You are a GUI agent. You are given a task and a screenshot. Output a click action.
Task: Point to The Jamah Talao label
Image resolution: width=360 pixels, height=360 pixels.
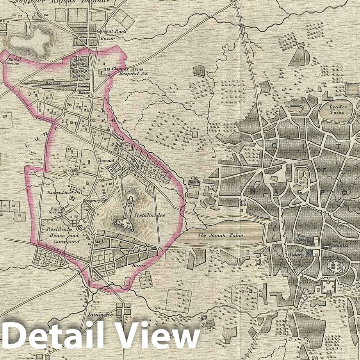point(221,235)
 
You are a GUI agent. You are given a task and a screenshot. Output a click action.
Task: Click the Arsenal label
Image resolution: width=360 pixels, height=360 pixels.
point(106,160)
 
